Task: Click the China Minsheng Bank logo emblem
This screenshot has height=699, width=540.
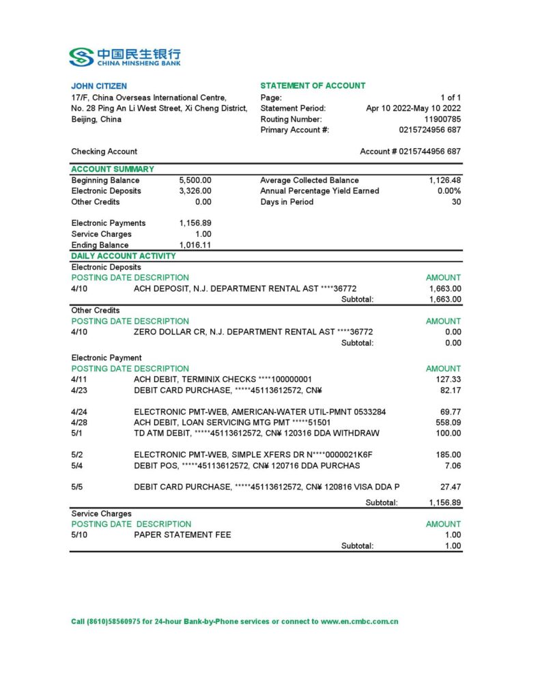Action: click(81, 57)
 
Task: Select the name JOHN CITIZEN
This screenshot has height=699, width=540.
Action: click(99, 86)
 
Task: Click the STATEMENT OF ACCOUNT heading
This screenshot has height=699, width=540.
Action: click(313, 86)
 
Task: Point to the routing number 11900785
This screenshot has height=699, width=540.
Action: click(442, 119)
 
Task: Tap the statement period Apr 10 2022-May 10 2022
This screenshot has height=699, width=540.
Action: click(413, 108)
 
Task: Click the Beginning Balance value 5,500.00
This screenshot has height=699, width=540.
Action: click(195, 180)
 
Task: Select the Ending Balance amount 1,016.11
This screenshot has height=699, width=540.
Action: click(195, 245)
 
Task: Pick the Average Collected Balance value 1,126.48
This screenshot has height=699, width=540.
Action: click(445, 180)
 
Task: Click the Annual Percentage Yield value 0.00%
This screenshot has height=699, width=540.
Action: click(449, 191)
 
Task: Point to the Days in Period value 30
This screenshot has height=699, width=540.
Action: click(456, 202)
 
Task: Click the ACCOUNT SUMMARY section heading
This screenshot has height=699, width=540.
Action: click(113, 169)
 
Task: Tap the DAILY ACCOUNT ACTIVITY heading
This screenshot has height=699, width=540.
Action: click(124, 256)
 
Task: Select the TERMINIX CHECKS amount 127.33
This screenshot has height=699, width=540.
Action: click(449, 379)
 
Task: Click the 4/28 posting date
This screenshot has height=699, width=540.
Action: click(79, 423)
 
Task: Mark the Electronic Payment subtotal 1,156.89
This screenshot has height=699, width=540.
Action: click(445, 502)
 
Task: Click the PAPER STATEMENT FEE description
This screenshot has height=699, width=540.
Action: click(182, 534)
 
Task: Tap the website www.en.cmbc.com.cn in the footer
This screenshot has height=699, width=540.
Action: click(359, 622)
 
